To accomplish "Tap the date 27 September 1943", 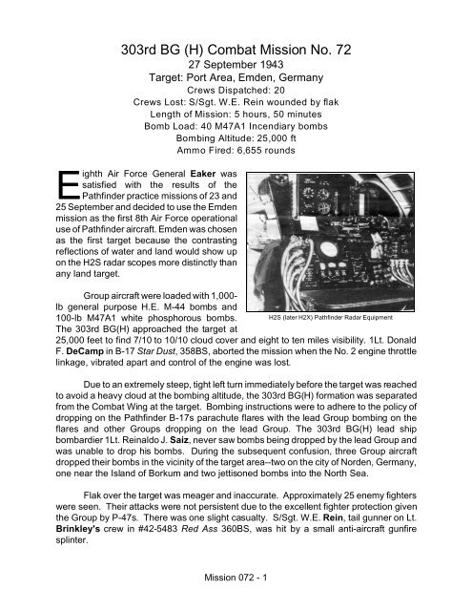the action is (236, 72).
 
